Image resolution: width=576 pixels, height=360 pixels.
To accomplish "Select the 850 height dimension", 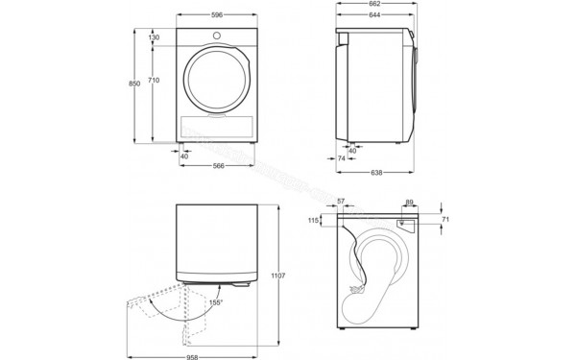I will (135, 84).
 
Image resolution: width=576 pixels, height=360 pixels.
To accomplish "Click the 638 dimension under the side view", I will (377, 173).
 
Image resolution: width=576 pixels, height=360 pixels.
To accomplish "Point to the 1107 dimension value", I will (279, 276).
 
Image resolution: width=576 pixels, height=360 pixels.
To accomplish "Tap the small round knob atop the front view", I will (218, 36).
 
